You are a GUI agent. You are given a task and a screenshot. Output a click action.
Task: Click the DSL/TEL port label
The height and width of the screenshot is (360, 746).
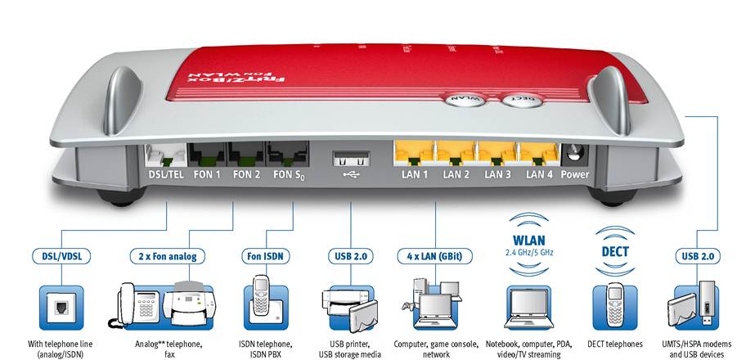click(x=165, y=174)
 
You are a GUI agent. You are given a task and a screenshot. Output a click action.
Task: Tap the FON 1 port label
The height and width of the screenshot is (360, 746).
click(x=208, y=174)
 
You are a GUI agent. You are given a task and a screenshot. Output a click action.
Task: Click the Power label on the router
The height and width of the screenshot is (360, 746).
click(x=575, y=174)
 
